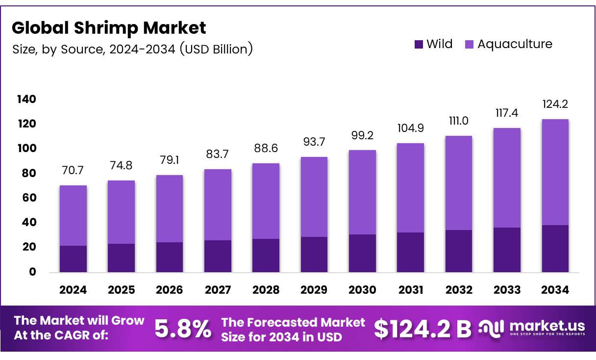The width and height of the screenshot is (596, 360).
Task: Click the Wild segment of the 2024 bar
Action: (x=73, y=258)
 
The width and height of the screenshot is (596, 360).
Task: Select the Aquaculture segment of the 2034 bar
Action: (x=555, y=172)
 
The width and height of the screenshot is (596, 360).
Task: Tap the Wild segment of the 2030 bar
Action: (x=362, y=253)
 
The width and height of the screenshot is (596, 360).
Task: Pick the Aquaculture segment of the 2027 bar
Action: (x=218, y=205)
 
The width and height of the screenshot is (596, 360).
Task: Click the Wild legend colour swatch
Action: (x=418, y=44)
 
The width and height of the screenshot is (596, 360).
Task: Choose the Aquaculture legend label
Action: (x=515, y=44)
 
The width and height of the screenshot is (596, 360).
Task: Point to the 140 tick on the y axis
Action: (x=26, y=100)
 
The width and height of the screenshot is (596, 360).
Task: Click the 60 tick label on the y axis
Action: (x=30, y=198)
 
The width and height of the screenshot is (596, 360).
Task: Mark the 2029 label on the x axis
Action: (x=314, y=290)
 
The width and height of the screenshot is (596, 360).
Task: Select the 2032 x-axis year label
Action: (x=459, y=290)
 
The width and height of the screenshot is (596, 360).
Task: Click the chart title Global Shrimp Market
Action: (x=109, y=28)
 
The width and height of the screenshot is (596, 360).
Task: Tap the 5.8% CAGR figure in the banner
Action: (x=183, y=329)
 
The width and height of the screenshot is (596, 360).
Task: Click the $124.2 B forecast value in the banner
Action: (x=422, y=329)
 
